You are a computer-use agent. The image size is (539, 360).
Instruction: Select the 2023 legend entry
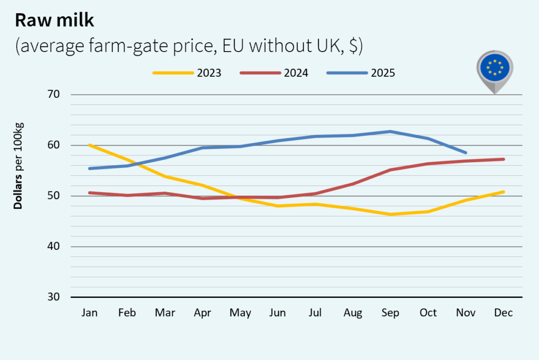click(x=187, y=73)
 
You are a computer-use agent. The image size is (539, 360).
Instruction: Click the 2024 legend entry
click(x=274, y=73)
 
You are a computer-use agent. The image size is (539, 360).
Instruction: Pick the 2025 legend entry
click(x=361, y=73)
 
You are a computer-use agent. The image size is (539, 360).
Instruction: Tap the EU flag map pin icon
click(x=494, y=69)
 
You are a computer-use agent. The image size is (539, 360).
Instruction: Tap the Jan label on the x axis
click(x=89, y=313)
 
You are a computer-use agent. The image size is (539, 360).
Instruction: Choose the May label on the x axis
click(x=240, y=313)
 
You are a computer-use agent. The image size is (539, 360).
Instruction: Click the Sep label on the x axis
click(x=391, y=313)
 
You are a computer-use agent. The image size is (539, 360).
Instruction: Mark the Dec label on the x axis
click(x=503, y=313)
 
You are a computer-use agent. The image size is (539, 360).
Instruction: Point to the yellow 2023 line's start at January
click(x=90, y=145)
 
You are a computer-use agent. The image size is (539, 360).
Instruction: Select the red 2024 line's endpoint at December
click(x=504, y=159)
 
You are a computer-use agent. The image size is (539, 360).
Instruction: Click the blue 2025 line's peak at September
click(x=391, y=132)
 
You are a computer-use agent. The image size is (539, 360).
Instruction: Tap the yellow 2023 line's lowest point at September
click(x=391, y=214)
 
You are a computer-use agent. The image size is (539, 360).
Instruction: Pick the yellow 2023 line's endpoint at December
click(x=504, y=192)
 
